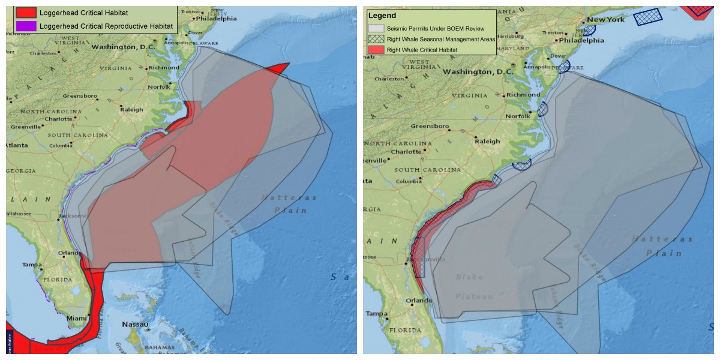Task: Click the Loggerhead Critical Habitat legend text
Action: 83,13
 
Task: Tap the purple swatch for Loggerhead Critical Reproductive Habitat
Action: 26,26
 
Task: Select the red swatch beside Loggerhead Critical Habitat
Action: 26,13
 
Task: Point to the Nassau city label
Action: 135,324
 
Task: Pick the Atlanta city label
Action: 18,145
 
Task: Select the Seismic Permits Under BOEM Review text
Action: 441,28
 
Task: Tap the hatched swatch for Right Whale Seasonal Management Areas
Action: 376,39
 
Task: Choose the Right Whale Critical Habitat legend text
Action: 422,50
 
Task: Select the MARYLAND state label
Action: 513,48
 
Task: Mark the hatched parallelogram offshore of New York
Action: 647,16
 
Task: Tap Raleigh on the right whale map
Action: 487,142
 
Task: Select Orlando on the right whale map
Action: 419,301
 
